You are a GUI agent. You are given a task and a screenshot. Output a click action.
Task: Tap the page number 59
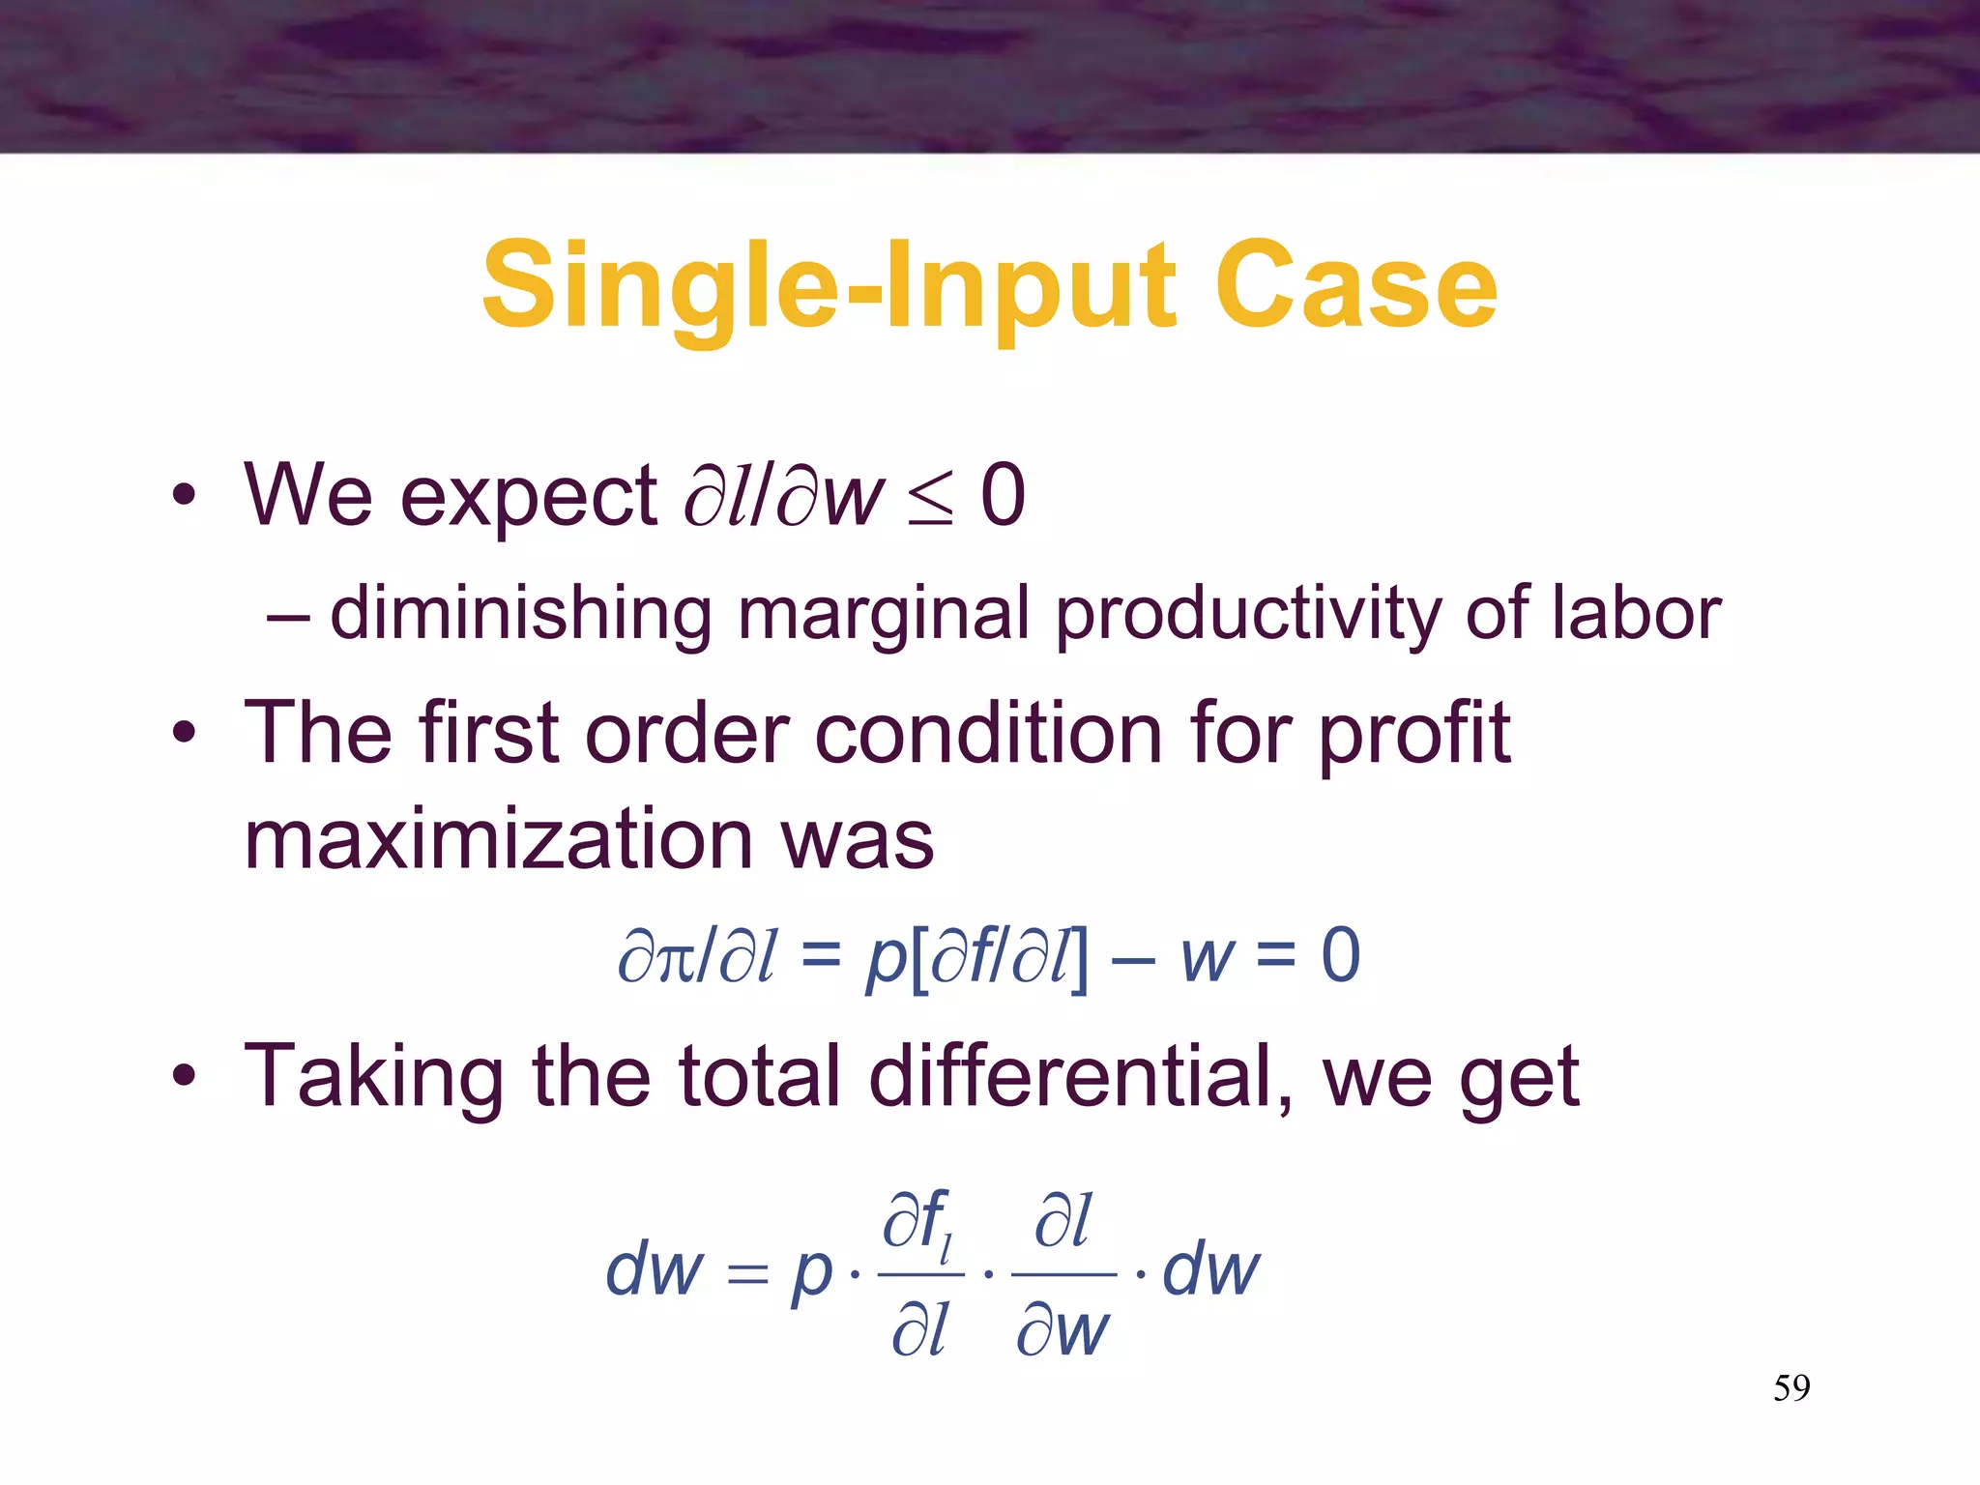click(x=1791, y=1388)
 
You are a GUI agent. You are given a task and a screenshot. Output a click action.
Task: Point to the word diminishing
click(x=520, y=615)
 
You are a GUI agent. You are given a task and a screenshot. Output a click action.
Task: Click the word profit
click(x=1413, y=735)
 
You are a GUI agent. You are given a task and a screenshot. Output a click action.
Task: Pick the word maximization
click(x=499, y=839)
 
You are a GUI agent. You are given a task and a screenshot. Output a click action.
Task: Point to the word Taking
click(x=373, y=1078)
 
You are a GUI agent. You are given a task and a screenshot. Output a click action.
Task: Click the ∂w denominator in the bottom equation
click(x=1062, y=1331)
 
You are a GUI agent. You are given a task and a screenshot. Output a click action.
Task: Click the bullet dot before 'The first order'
click(x=184, y=735)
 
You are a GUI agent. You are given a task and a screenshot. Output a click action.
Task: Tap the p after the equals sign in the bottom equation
click(x=811, y=1273)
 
